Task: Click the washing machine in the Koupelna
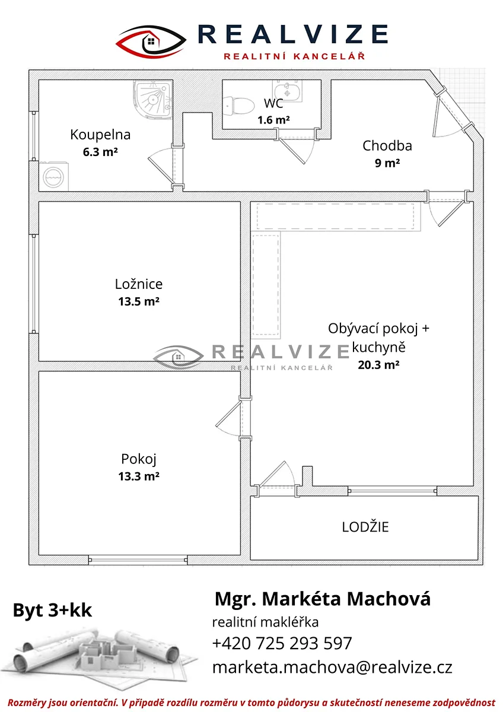pyautogui.click(x=54, y=176)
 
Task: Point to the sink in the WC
pyautogui.click(x=287, y=91)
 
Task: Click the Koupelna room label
pyautogui.click(x=100, y=135)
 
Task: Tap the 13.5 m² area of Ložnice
pyautogui.click(x=139, y=301)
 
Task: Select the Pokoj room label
pyautogui.click(x=139, y=459)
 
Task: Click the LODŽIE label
pyautogui.click(x=365, y=527)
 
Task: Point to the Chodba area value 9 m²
pyautogui.click(x=387, y=163)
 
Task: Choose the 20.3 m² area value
pyautogui.click(x=378, y=364)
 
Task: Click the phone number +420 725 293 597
pyautogui.click(x=282, y=643)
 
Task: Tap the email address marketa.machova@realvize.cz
pyautogui.click(x=332, y=667)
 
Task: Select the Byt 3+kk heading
pyautogui.click(x=52, y=610)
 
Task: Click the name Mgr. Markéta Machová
pyautogui.click(x=323, y=599)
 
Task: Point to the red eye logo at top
pyautogui.click(x=151, y=42)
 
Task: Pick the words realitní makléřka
pyautogui.click(x=265, y=622)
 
